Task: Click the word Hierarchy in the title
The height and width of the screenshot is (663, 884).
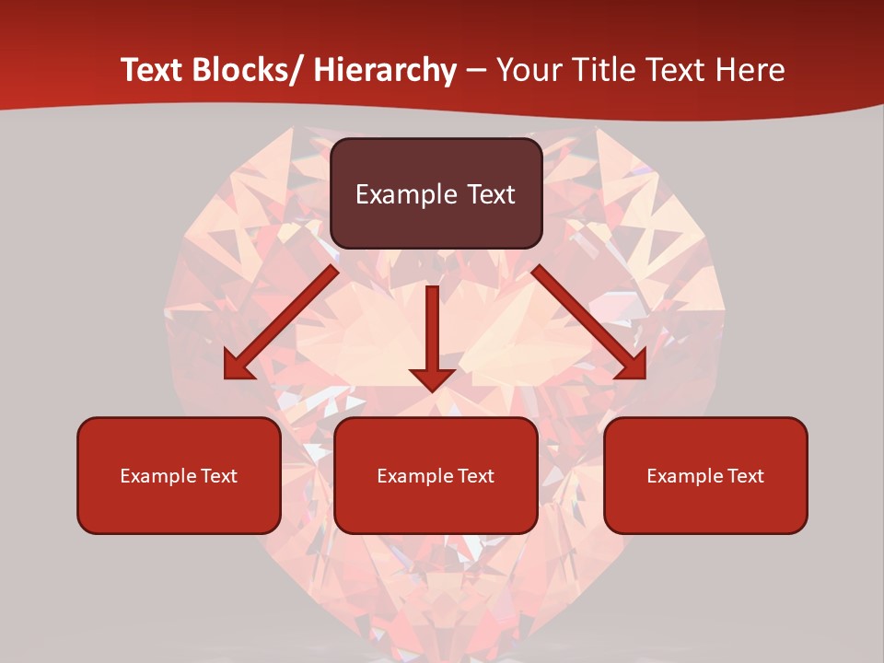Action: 385,70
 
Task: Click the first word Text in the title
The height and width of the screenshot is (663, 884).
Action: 151,70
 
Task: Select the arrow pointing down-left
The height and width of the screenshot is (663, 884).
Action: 281,323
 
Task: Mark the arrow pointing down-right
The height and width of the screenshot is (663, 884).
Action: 589,323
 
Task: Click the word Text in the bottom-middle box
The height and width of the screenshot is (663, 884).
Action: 476,476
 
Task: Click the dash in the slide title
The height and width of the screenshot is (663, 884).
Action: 476,70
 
